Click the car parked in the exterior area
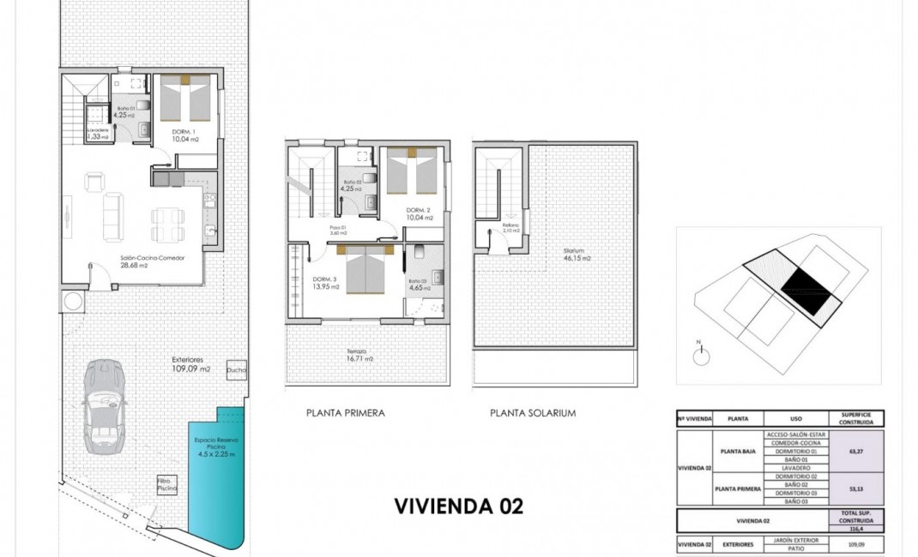tap(104, 406)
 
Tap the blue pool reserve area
tap(214, 480)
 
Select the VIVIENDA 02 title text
tap(458, 506)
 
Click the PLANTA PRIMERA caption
tap(345, 413)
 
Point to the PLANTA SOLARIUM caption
tap(532, 413)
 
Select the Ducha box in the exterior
tap(237, 369)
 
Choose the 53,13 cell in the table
tap(855, 488)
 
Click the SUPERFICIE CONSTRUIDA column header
tap(855, 418)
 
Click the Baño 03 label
tap(419, 284)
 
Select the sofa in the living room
tap(112, 218)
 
